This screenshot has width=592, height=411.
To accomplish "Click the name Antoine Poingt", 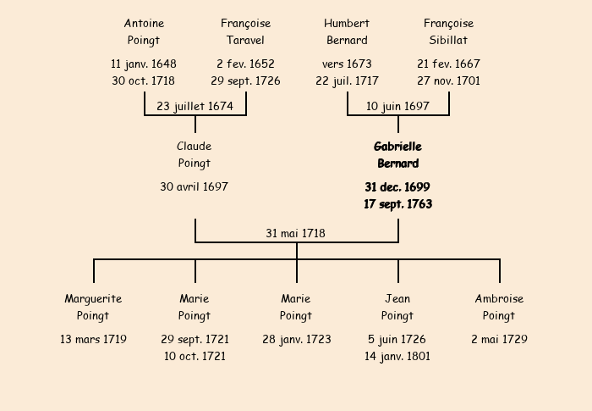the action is (144, 32).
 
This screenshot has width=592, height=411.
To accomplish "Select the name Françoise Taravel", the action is (245, 32).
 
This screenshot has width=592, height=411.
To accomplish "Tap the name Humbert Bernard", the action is (347, 32).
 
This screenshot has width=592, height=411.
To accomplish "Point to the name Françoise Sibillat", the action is (448, 32).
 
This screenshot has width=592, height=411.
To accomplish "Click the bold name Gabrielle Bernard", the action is (398, 155).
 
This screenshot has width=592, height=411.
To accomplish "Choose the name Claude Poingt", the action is (194, 155).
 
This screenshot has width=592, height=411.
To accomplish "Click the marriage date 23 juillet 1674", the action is (195, 106).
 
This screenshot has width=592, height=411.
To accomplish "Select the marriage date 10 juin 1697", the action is (397, 106).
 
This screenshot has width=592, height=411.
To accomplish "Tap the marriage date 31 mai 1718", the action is (295, 233).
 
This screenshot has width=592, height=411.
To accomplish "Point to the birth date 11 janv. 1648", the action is (144, 64).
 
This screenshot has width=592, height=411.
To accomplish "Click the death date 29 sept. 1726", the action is (245, 81).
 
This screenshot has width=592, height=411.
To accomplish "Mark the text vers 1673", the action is (347, 64).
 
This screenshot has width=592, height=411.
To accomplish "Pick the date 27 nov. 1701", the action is (448, 81).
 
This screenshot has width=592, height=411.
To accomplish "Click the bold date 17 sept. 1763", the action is (398, 204).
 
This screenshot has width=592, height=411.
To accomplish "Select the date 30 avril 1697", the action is (194, 186).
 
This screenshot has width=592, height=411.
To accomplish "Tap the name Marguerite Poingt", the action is (93, 308).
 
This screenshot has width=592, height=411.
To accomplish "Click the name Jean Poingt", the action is (397, 308).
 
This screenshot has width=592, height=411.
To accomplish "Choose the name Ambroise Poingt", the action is (499, 308).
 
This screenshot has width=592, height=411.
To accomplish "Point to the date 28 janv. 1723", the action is (296, 340).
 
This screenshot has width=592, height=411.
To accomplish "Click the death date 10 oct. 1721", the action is (195, 356).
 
